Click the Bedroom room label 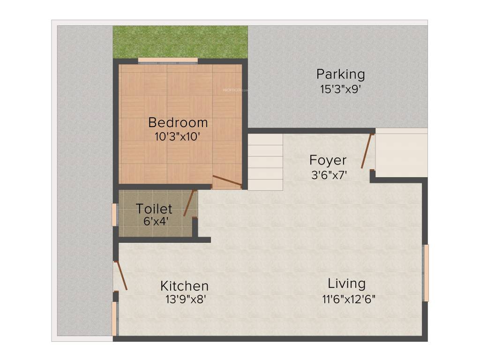coord(178,123)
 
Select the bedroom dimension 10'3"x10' coord(178,137)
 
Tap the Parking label coord(340,74)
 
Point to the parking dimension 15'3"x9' coord(340,89)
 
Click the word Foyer coord(328,160)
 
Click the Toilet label coord(154,209)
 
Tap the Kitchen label coord(184,286)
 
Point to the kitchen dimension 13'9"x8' coord(184,299)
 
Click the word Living coord(346,284)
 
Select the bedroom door coord(227,181)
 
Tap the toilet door coord(189,203)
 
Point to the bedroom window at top coord(167,60)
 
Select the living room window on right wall coord(426,273)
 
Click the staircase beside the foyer coord(265,162)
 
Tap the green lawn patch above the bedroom coord(180,42)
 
